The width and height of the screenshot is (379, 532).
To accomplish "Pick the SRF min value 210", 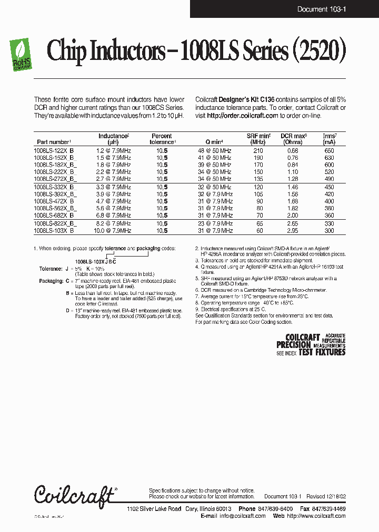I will pos(258,151).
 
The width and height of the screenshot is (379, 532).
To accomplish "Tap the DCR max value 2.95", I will pos(293,231).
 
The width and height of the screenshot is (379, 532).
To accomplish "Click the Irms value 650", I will pos(329,151).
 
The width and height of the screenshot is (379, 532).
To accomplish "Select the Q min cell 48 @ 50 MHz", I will pos(214,151).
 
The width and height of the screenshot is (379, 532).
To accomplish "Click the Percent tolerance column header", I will pos(162,139).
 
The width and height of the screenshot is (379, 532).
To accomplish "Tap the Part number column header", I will pos(54,142).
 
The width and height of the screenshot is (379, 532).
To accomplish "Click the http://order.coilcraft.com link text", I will pos(242,115).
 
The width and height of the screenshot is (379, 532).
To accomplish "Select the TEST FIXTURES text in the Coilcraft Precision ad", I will pos(322,353).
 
